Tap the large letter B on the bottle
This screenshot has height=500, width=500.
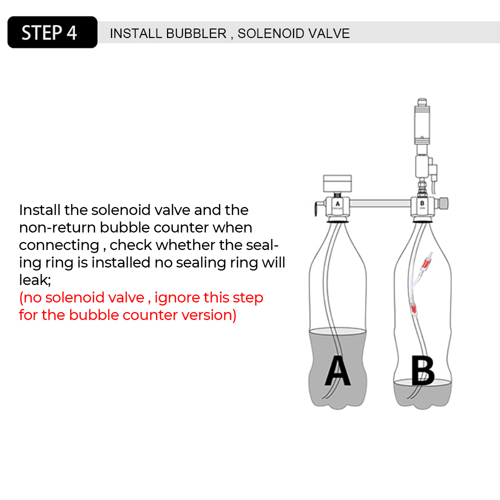(x=422, y=370)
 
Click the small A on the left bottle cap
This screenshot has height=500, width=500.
(x=337, y=203)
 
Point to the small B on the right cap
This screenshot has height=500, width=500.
(x=422, y=203)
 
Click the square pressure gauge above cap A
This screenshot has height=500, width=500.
(x=337, y=183)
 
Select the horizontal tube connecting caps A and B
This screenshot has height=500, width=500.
(x=379, y=203)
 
